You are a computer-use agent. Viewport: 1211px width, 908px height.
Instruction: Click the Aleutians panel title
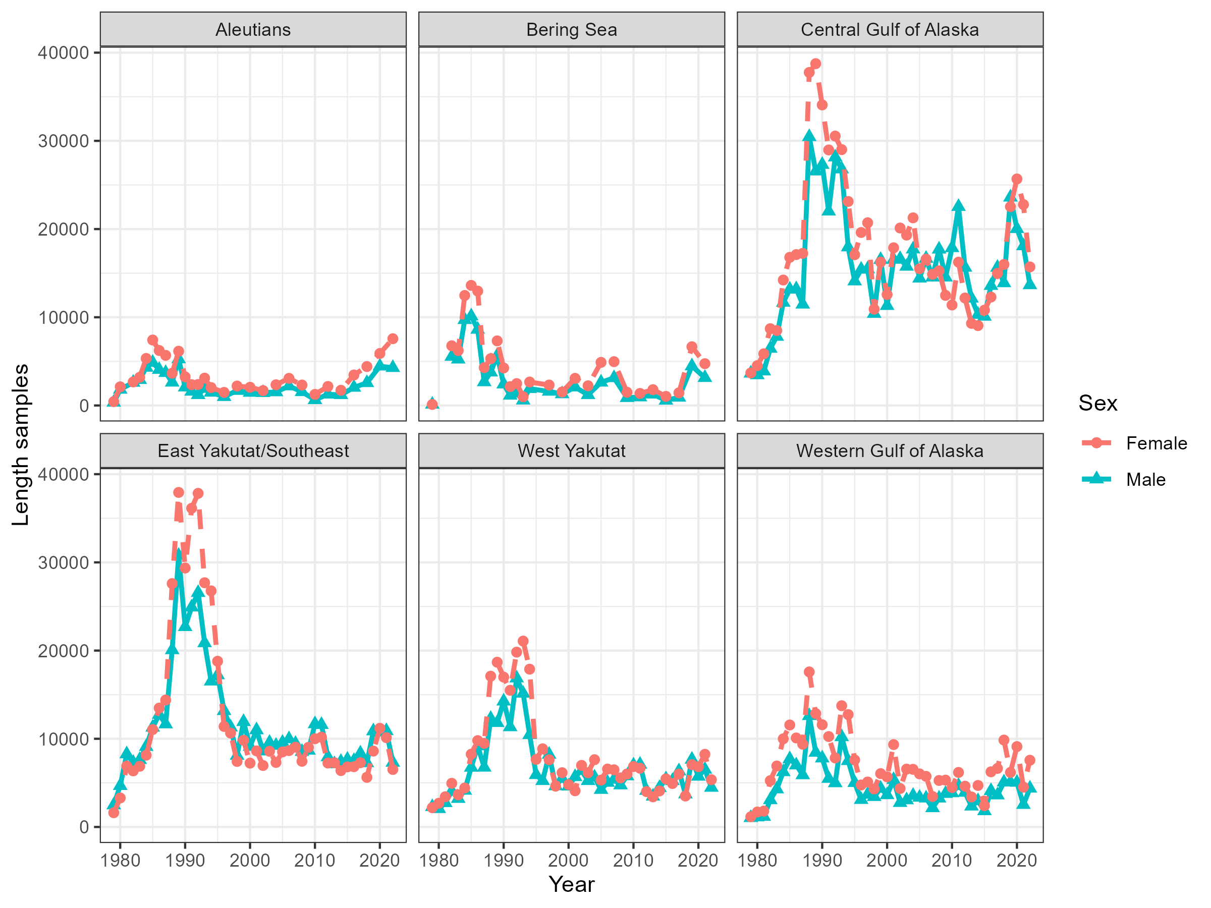253,30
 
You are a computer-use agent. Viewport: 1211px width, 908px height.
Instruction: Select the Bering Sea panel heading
572,30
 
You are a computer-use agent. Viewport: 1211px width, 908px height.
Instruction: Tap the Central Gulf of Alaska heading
890,30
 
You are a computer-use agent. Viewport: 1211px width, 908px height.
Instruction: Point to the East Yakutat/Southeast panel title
253,450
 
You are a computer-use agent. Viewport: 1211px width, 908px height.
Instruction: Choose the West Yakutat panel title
572,450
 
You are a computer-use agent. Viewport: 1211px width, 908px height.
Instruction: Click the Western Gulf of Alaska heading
890,450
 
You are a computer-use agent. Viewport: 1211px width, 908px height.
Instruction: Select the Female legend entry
1157,443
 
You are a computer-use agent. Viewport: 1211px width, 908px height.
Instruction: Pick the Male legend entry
1145,479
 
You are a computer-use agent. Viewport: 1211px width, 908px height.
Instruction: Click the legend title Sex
1097,404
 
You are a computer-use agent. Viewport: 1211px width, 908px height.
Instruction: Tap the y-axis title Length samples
21,444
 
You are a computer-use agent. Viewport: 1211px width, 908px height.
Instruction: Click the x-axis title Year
572,884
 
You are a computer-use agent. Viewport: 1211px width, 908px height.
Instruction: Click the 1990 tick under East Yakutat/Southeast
185,860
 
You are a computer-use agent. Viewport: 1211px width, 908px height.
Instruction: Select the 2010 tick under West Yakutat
633,860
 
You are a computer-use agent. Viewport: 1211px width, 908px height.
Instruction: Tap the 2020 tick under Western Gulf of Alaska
1017,860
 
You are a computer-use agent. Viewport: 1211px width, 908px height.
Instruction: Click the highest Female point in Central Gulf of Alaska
816,64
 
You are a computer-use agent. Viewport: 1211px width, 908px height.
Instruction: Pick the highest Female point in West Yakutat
523,641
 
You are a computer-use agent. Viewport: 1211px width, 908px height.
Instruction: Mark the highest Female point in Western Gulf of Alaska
809,671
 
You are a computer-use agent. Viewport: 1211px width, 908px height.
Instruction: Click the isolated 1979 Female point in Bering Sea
432,405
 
